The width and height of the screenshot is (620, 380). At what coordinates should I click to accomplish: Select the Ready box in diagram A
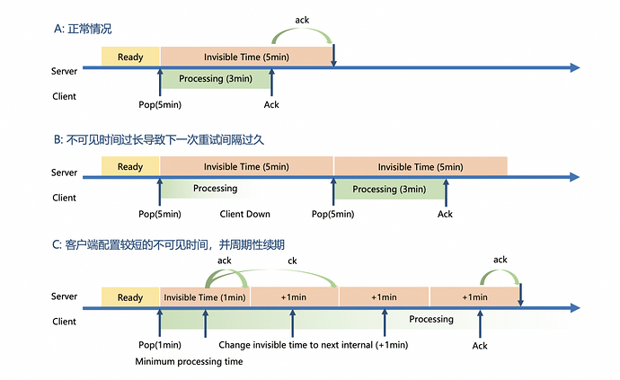pos(130,57)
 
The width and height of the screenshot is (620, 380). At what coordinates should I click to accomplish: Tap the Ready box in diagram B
pos(130,166)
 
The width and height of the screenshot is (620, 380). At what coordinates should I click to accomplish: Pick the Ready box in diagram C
pos(130,297)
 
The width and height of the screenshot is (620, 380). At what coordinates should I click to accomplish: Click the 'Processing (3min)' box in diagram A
pos(215,78)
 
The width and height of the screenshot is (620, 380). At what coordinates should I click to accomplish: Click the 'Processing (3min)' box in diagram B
pos(389,189)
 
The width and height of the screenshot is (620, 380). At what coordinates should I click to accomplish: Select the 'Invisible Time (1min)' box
pos(205,297)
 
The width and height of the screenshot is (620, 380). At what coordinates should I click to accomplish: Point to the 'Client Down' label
pos(245,214)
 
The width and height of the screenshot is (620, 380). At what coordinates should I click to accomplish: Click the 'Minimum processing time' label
pos(189,361)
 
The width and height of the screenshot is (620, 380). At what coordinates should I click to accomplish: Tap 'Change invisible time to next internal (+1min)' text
pos(313,345)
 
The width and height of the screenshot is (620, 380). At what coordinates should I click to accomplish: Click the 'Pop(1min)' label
pos(160,345)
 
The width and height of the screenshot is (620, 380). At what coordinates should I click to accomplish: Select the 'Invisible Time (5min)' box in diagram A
pos(246,57)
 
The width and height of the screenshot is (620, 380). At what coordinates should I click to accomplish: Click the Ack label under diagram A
pos(271,104)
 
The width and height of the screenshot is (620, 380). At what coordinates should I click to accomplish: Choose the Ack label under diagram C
pos(480,345)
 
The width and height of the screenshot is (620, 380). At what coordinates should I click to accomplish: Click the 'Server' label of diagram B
pos(65,172)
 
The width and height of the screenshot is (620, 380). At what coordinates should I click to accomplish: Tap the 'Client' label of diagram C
pos(65,321)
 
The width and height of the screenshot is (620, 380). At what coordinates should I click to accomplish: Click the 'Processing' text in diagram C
pos(431,319)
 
